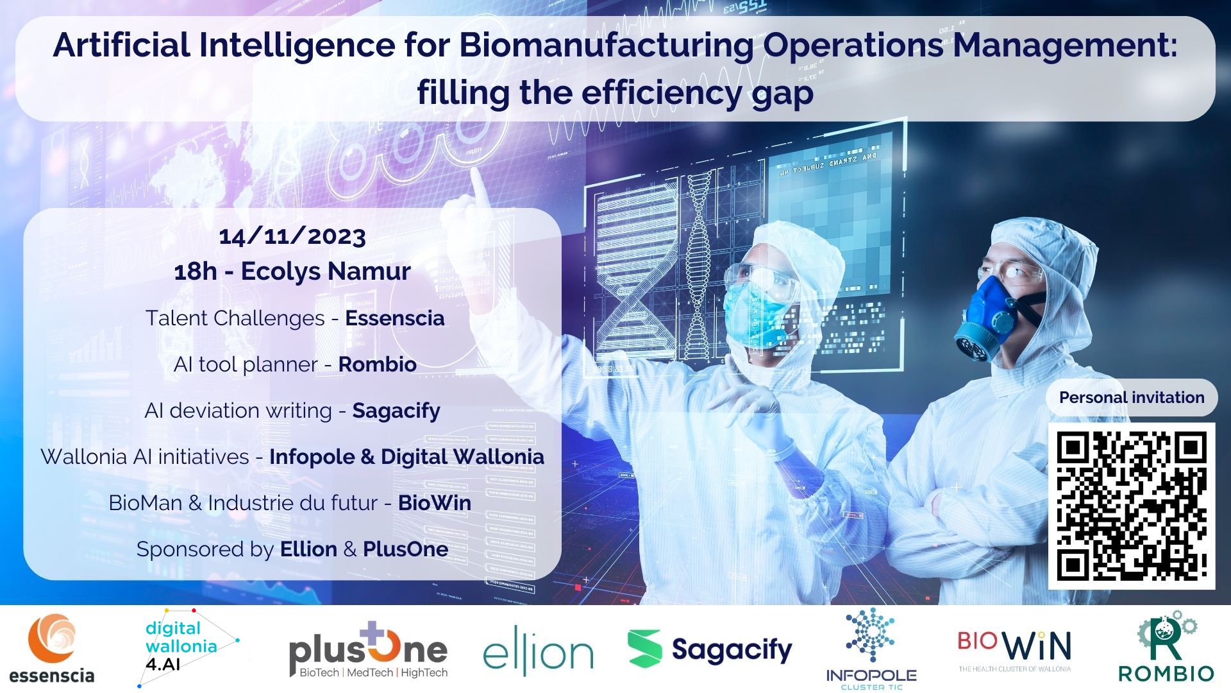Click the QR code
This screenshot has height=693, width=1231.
click(1132, 506)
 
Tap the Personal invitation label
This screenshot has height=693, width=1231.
click(1132, 398)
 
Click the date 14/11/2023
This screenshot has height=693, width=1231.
click(292, 236)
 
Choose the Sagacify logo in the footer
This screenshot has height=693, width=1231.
click(710, 649)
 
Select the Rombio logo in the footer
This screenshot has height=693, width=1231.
click(1166, 647)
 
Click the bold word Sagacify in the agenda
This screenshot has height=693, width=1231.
click(396, 411)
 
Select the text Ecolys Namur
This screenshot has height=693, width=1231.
click(326, 271)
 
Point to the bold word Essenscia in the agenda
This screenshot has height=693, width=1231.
click(395, 318)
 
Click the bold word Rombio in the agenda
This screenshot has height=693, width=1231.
click(378, 364)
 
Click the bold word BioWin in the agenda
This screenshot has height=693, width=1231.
click(435, 503)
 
